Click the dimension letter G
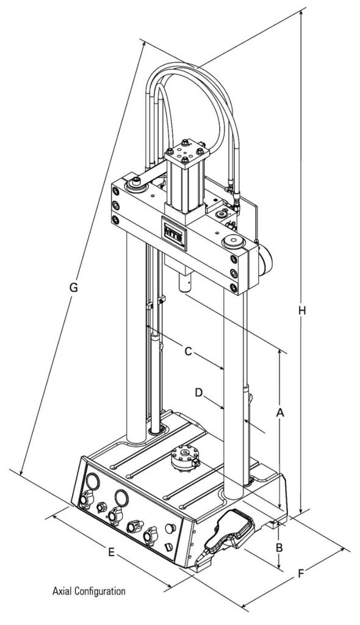point(73,287)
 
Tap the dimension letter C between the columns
point(189,352)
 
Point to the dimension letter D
point(198,392)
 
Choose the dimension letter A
point(280,414)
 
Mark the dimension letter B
point(278,547)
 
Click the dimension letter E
point(110,552)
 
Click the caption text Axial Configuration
point(89,591)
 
